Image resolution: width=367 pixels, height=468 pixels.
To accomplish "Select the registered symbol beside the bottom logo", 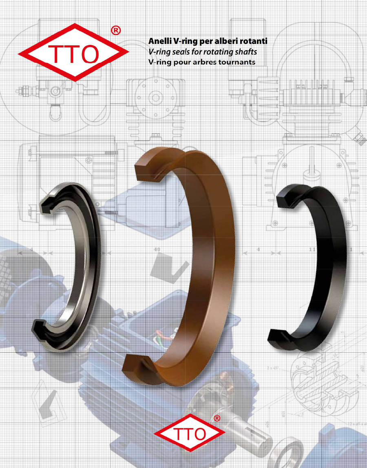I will coord(217,418).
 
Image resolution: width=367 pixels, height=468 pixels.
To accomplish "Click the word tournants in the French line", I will coord(238,62).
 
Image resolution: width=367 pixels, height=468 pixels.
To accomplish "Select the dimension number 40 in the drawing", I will coord(157,249).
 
